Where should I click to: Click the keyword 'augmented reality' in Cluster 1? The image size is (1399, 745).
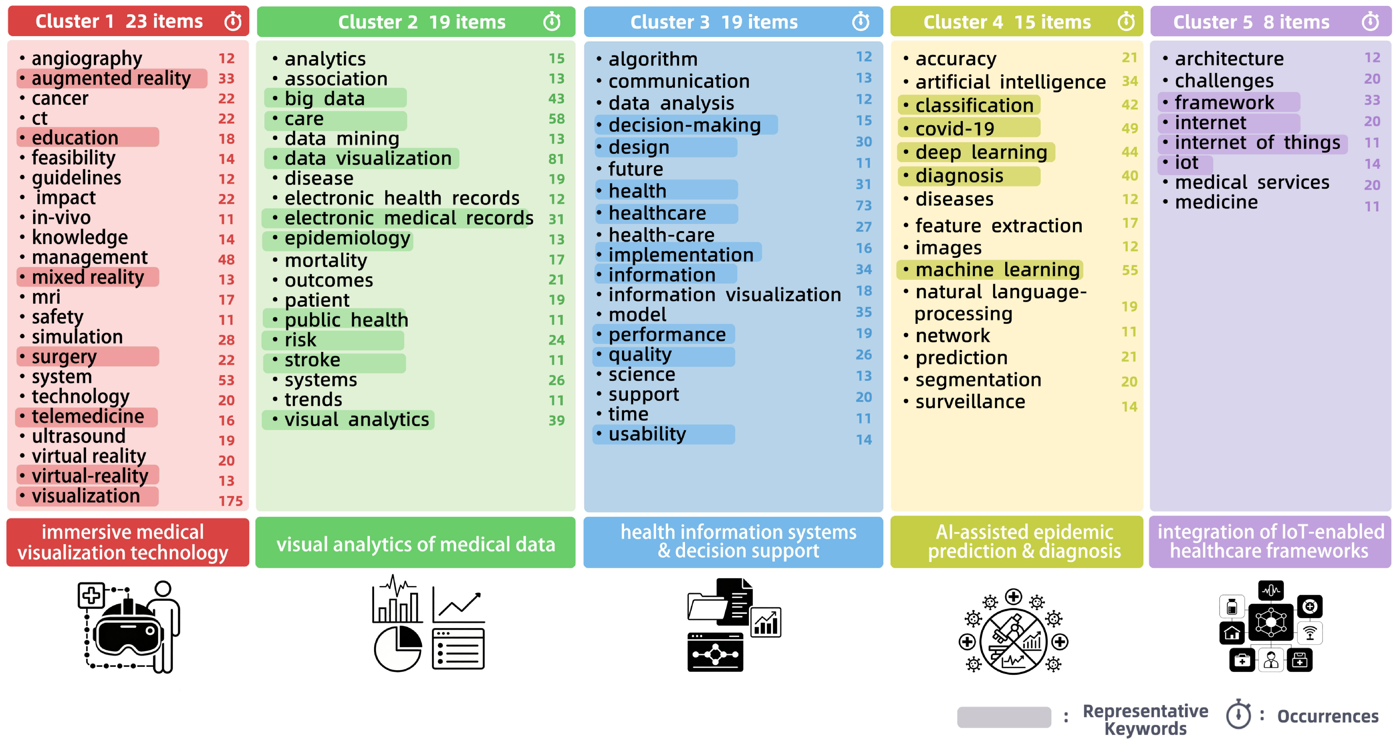[111, 79]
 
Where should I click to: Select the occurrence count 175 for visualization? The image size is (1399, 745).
[230, 500]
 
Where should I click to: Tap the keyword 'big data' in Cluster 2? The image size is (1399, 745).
[325, 99]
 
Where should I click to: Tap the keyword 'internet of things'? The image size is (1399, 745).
[1257, 143]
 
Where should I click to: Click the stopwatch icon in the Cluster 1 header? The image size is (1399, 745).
[233, 22]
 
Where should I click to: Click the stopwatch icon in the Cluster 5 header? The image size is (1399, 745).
[1370, 22]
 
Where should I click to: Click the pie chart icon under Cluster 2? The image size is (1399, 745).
[398, 648]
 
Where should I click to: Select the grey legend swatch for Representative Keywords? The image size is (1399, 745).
[1004, 717]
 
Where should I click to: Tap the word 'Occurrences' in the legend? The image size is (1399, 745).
[1327, 717]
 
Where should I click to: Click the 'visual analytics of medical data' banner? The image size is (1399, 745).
[416, 544]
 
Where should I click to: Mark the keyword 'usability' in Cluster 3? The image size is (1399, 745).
[647, 434]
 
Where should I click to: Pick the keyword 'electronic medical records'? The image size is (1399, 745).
[408, 218]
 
